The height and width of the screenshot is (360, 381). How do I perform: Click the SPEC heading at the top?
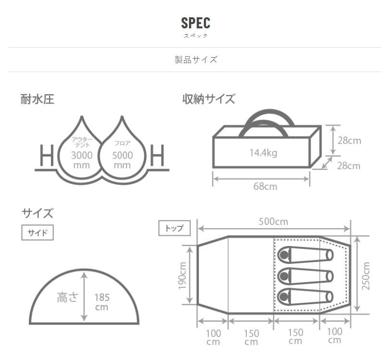pyautogui.click(x=196, y=23)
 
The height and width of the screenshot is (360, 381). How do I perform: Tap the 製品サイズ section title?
pyautogui.click(x=196, y=60)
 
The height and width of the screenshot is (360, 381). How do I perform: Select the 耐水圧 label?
pyautogui.click(x=37, y=99)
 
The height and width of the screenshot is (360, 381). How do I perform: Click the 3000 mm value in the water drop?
pyautogui.click(x=82, y=160)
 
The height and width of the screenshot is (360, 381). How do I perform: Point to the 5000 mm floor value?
pyautogui.click(x=122, y=160)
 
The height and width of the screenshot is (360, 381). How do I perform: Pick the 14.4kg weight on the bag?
pyautogui.click(x=264, y=153)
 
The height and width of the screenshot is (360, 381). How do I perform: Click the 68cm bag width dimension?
pyautogui.click(x=265, y=186)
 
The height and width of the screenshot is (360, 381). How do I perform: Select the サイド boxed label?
pyautogui.click(x=38, y=233)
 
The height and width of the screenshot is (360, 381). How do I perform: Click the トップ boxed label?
pyautogui.click(x=174, y=228)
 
